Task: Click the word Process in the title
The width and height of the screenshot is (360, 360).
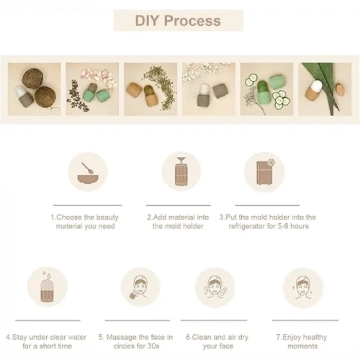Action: (192, 21)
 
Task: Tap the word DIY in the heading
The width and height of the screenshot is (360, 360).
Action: (147, 21)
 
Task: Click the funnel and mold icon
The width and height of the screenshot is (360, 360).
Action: (181, 171)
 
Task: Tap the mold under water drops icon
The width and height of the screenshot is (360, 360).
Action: (47, 286)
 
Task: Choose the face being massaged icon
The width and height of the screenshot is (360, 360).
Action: (140, 287)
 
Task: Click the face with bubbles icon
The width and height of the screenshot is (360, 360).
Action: (215, 287)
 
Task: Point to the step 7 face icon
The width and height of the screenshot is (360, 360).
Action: (302, 287)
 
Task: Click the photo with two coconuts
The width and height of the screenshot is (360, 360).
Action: (34, 89)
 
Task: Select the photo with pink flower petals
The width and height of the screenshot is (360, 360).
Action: (92, 89)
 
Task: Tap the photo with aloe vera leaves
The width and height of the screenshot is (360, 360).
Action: (325, 89)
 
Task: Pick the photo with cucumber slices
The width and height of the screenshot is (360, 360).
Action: (266, 89)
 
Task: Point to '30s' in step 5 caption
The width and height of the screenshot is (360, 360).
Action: (153, 346)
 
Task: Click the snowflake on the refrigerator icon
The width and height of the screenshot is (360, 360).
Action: (271, 163)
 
